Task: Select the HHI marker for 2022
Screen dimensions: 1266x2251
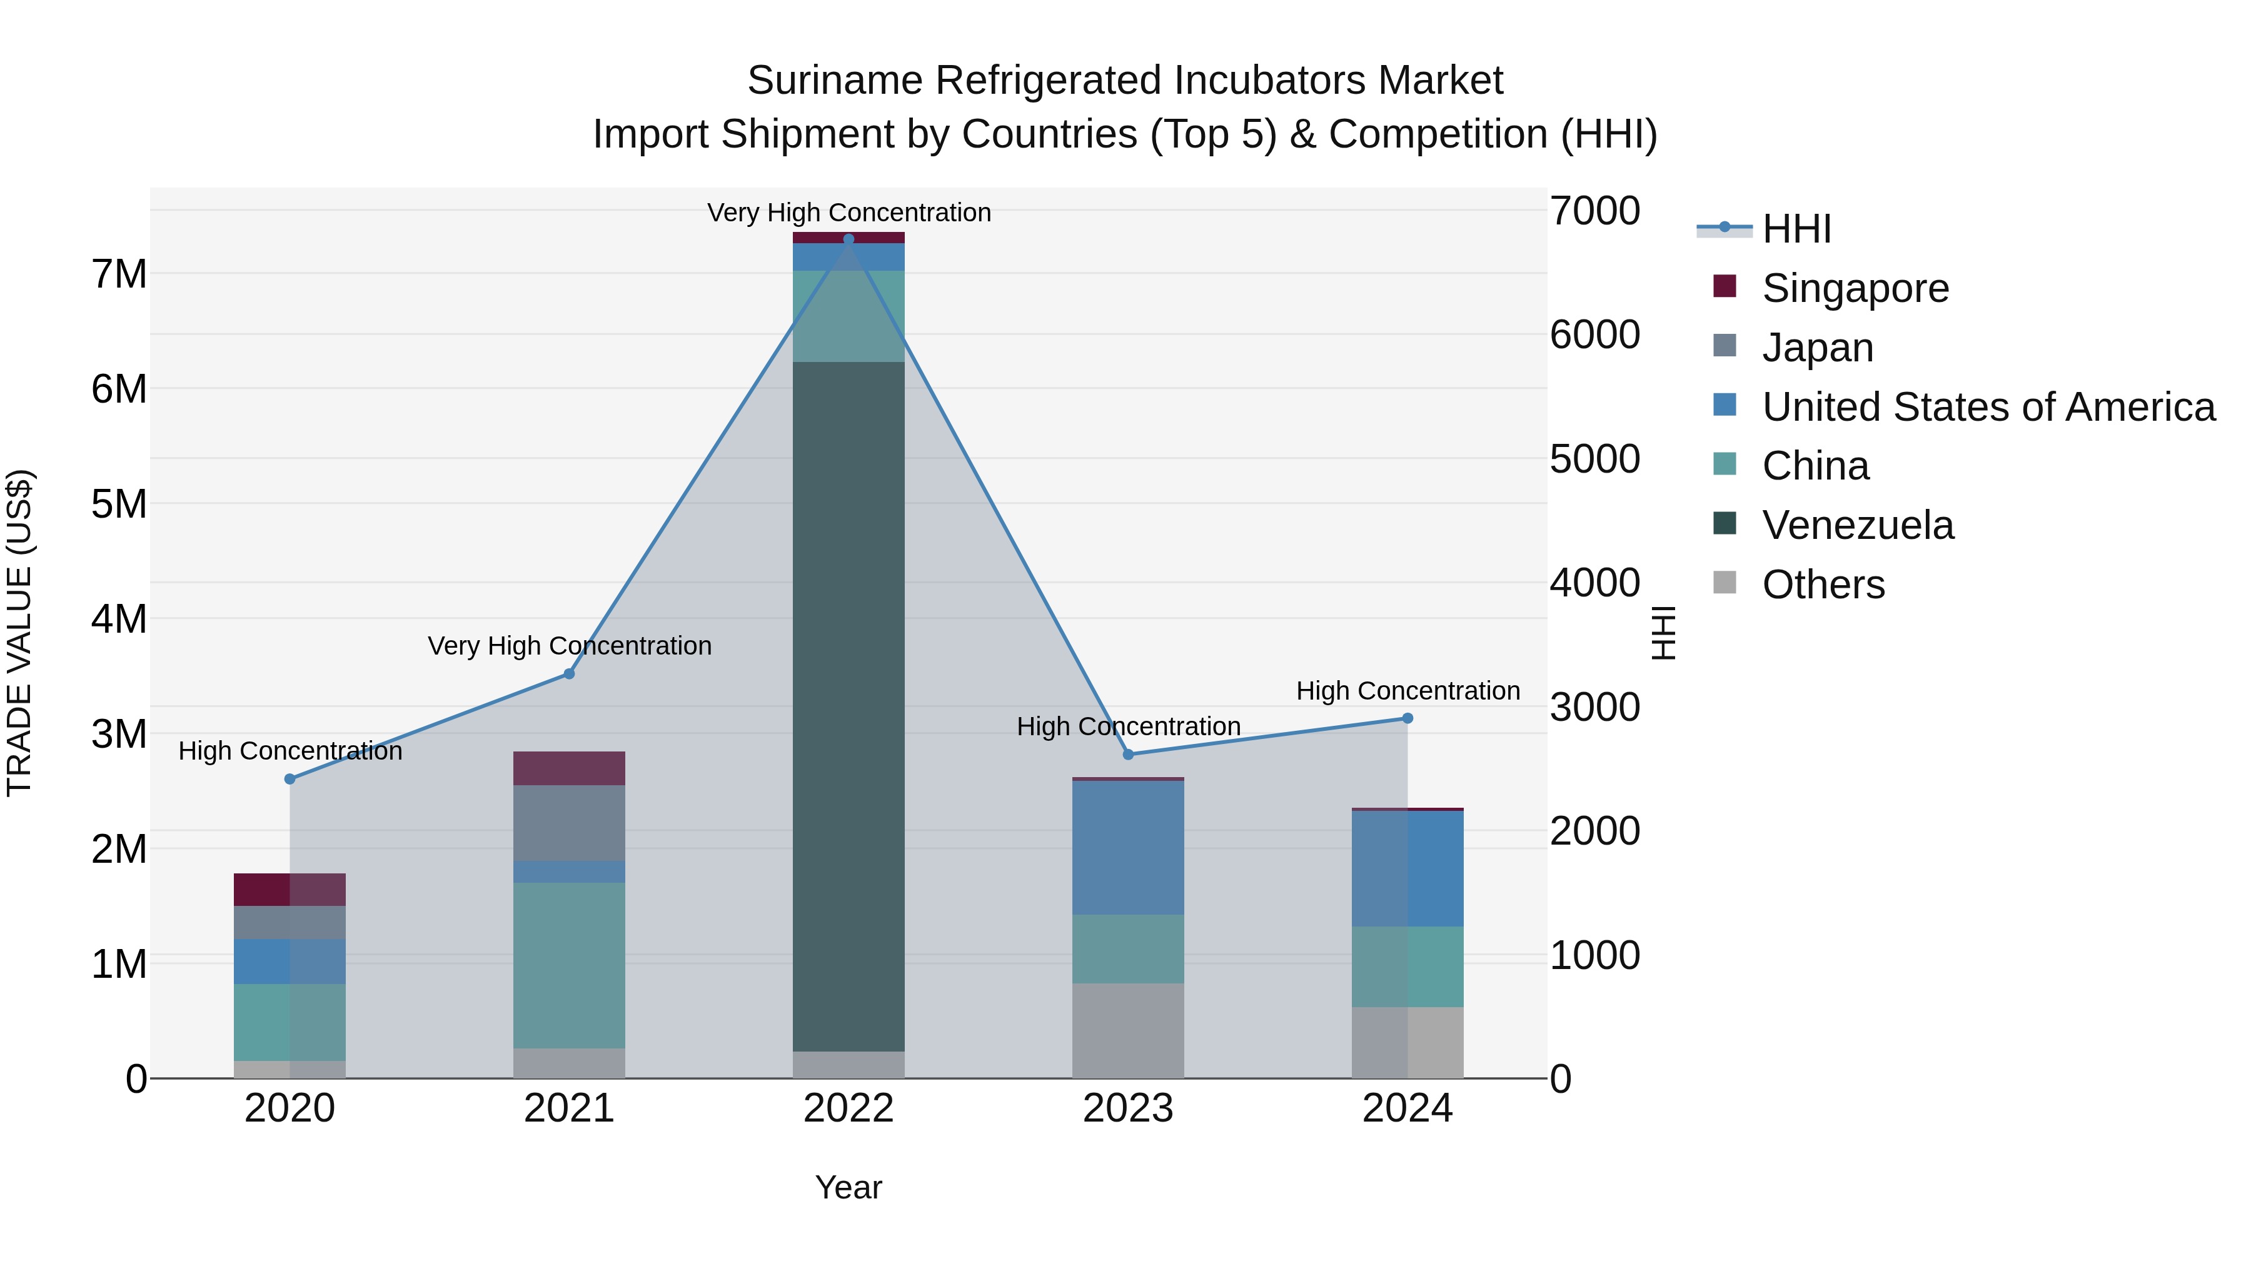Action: (849, 239)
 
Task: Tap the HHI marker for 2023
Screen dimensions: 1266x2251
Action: (1128, 755)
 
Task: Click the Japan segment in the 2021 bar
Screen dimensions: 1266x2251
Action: (569, 823)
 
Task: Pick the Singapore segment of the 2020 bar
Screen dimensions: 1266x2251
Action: (290, 890)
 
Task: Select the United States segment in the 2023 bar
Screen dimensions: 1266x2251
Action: (1128, 848)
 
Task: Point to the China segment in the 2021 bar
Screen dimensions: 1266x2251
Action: (569, 965)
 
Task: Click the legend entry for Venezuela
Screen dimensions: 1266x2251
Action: (1857, 525)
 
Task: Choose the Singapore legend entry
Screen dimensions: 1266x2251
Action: (1855, 288)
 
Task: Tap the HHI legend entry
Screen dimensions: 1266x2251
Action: (1796, 229)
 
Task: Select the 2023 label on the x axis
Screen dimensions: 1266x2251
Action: (1128, 1108)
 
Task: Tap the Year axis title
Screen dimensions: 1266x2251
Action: (849, 1187)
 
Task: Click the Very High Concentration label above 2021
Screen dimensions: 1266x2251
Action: (570, 646)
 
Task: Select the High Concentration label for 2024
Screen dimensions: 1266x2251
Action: (1408, 691)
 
